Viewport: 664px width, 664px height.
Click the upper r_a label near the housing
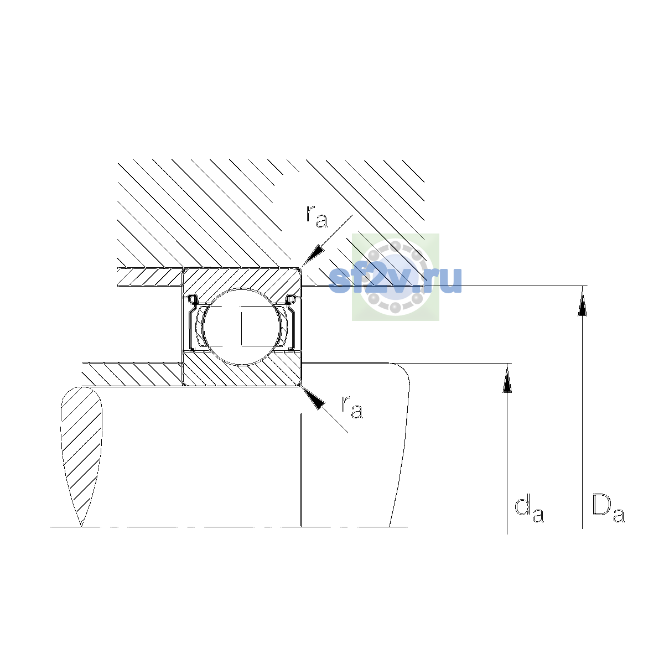317,217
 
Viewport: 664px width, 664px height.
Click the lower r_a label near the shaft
352,407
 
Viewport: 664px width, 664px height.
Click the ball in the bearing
242,326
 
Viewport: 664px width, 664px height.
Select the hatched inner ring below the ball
242,369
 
